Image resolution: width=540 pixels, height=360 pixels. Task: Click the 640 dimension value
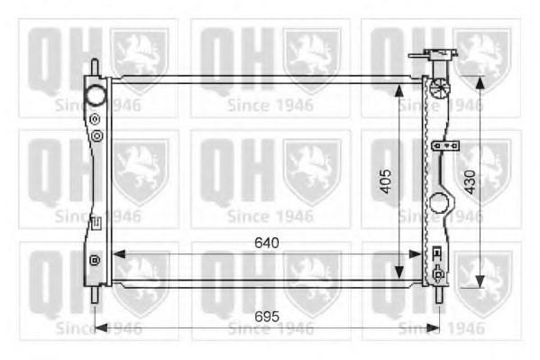(267, 243)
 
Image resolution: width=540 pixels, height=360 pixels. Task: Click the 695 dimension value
(267, 316)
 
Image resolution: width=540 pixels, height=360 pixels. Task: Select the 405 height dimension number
(385, 181)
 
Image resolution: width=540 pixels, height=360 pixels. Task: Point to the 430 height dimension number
(470, 182)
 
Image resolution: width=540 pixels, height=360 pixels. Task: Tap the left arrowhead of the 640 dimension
(119, 254)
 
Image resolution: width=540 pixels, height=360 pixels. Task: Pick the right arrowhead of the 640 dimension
(415, 254)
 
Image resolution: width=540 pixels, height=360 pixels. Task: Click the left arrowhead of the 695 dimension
(101, 328)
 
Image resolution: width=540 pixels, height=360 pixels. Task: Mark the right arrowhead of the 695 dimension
(434, 328)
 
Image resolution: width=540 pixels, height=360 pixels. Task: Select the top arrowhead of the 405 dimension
(398, 90)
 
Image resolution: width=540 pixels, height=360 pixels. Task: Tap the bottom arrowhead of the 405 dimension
(398, 272)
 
